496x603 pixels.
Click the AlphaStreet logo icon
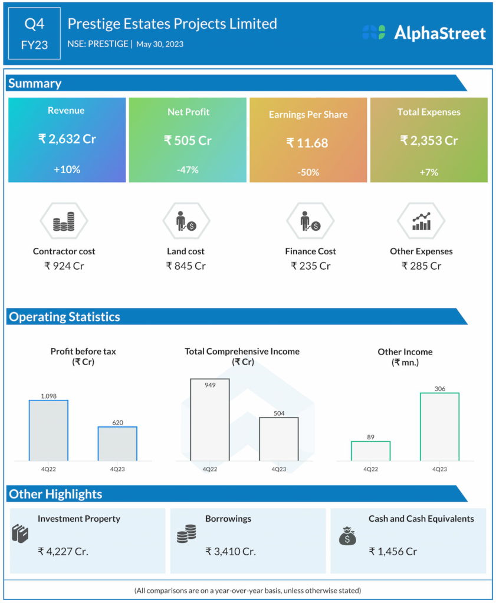coord(374,33)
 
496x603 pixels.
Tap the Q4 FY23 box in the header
coord(34,34)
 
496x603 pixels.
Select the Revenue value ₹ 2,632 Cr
coord(67,140)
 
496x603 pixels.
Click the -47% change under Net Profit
coord(188,170)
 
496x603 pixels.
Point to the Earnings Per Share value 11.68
coord(307,143)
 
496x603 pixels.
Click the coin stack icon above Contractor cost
coord(64,222)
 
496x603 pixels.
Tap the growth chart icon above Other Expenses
coord(421,221)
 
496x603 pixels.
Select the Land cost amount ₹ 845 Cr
coord(186,266)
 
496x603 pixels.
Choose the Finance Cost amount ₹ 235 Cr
coord(310,266)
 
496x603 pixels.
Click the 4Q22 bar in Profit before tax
coord(48,430)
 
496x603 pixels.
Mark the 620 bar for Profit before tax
coord(117,443)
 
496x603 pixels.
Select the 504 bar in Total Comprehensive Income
coord(279,439)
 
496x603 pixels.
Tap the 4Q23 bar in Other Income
coord(439,426)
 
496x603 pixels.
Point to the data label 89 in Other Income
coord(370,436)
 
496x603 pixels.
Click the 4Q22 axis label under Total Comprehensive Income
coord(210,469)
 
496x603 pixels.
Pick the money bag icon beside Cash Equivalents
coord(347,536)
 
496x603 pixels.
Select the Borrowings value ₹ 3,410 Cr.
coord(231,552)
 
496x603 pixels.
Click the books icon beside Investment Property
coord(20,534)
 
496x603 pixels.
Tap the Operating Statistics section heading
coord(64,317)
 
